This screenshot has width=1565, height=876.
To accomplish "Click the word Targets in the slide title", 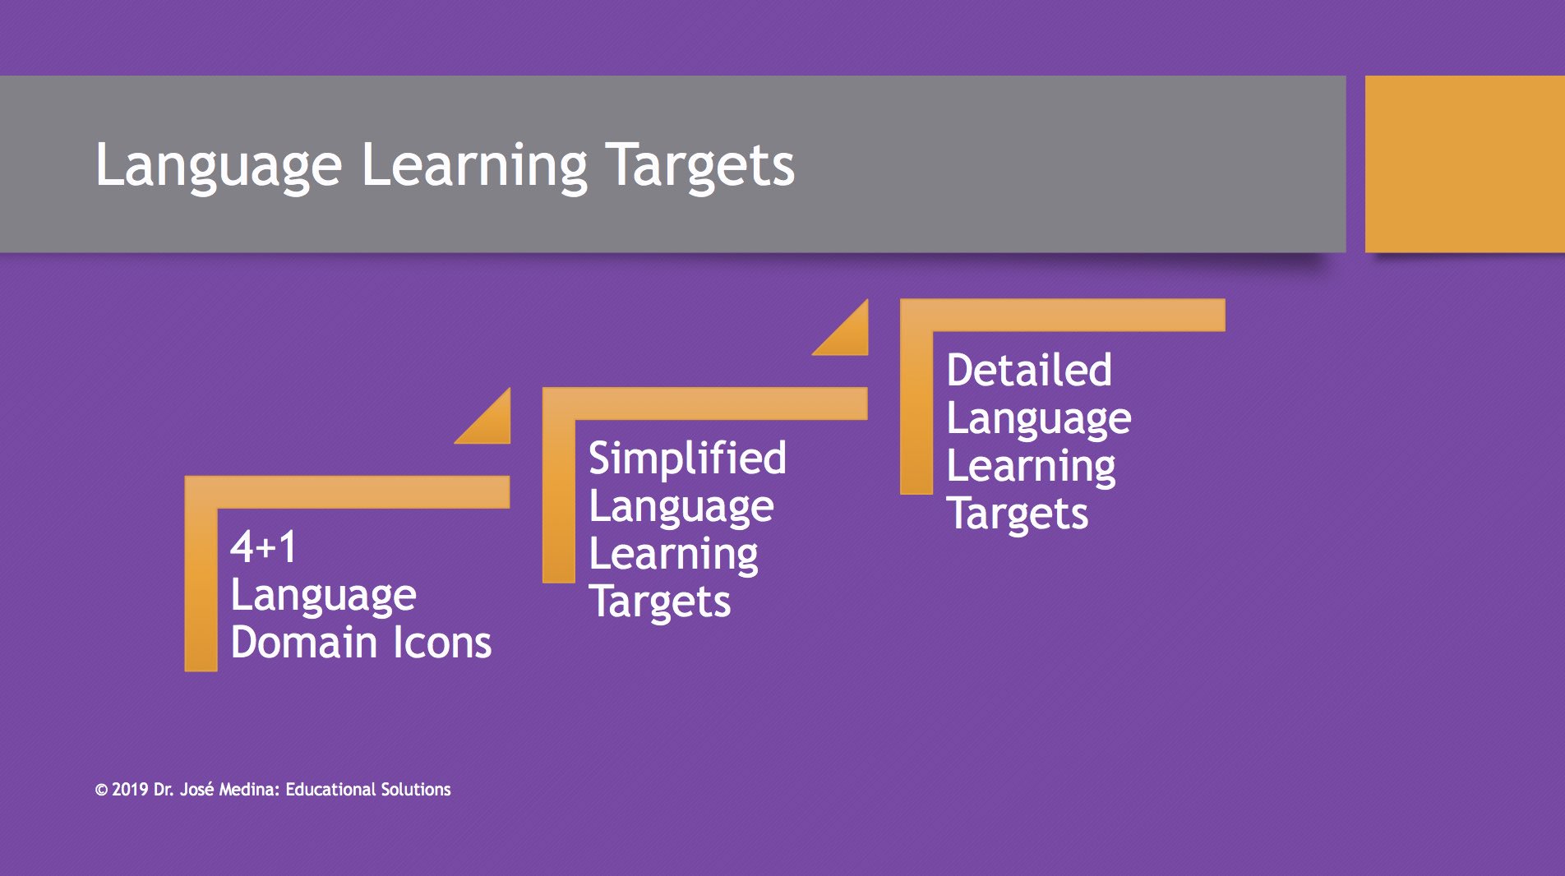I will (699, 165).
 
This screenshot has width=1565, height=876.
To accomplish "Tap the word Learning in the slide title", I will (473, 165).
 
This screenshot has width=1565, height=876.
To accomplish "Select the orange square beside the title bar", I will (1465, 164).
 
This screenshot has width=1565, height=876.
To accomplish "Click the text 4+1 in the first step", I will (263, 547).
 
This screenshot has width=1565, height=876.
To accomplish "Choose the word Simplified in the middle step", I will (687, 458).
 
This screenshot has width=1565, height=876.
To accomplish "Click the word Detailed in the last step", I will (1029, 370).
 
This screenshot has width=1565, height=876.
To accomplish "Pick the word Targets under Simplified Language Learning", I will (659, 602).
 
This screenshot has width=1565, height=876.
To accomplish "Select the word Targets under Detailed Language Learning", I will (1017, 514).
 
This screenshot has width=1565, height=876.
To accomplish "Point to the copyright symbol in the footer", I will (101, 791).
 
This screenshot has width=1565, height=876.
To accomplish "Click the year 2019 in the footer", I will (130, 790).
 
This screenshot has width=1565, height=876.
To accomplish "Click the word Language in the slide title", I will (218, 165).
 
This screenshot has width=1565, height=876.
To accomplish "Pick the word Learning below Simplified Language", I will (673, 554).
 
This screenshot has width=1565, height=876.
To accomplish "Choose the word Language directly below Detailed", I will (1038, 418).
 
